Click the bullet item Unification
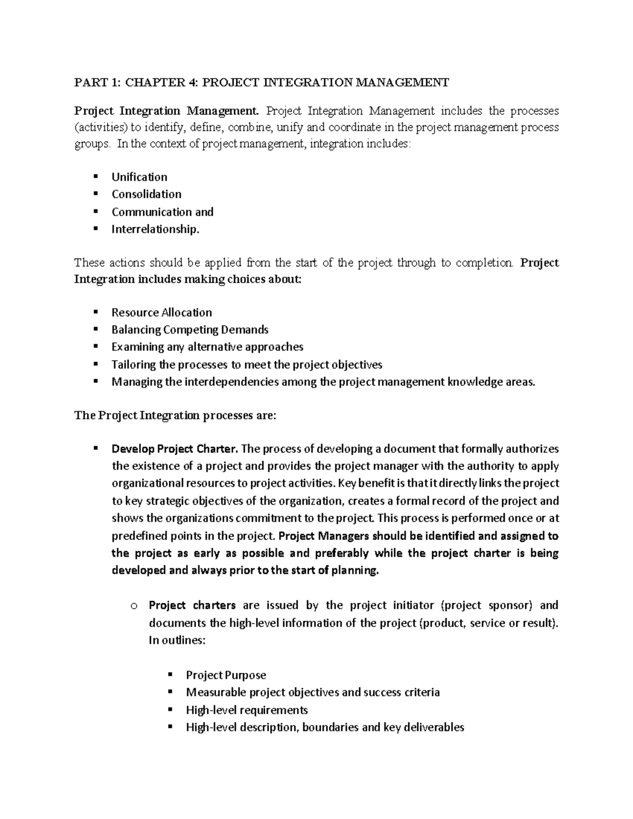[x=139, y=177]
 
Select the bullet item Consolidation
[x=146, y=194]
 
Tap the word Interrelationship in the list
[x=154, y=229]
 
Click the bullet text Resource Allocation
[x=161, y=312]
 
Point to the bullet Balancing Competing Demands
[x=190, y=330]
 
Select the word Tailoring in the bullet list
[x=134, y=364]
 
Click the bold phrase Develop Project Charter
[x=175, y=449]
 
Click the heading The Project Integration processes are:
[x=175, y=415]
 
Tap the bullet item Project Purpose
[x=226, y=675]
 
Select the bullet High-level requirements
[x=247, y=710]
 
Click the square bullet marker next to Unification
[x=95, y=176]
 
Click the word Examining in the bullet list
[x=138, y=347]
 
